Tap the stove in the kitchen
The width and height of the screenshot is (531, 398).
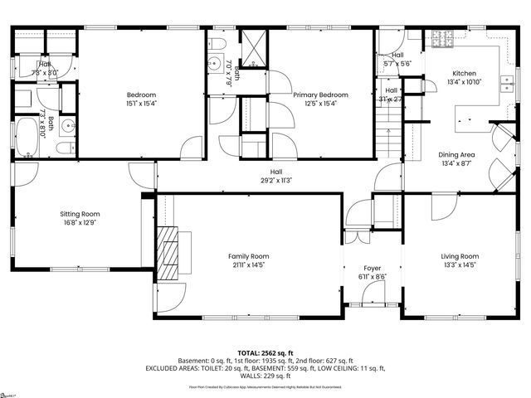point(441,40)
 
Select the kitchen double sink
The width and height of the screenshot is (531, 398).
point(506,83)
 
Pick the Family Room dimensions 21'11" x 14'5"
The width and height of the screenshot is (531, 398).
point(249,266)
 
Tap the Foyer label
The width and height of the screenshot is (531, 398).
point(371,269)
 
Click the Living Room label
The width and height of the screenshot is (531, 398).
point(460,256)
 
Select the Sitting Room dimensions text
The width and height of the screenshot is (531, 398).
point(80,223)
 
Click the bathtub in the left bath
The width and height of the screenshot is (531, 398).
point(26,137)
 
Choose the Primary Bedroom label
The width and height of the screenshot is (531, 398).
point(320,95)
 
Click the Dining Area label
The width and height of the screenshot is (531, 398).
point(456,155)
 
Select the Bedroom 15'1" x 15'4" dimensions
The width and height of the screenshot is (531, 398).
point(140,104)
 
